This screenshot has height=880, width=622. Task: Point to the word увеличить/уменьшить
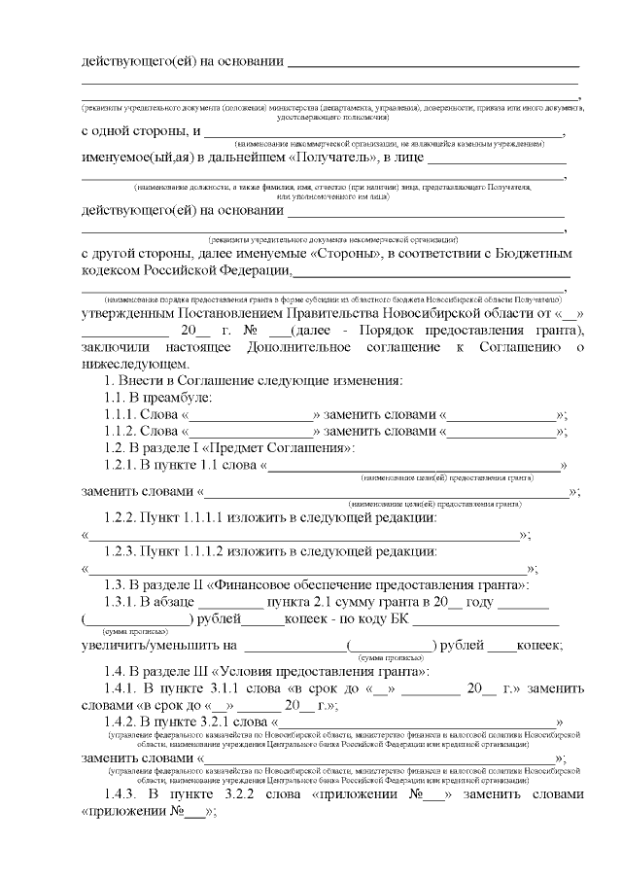click(x=158, y=645)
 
